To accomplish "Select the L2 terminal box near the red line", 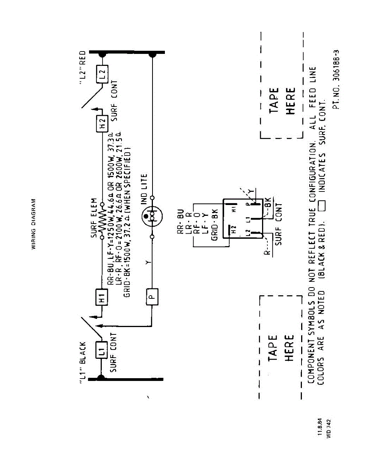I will [102, 74].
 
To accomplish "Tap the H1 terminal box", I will [102, 297].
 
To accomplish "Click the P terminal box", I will [153, 297].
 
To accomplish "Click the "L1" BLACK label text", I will [82, 362].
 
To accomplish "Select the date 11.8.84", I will [320, 427].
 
